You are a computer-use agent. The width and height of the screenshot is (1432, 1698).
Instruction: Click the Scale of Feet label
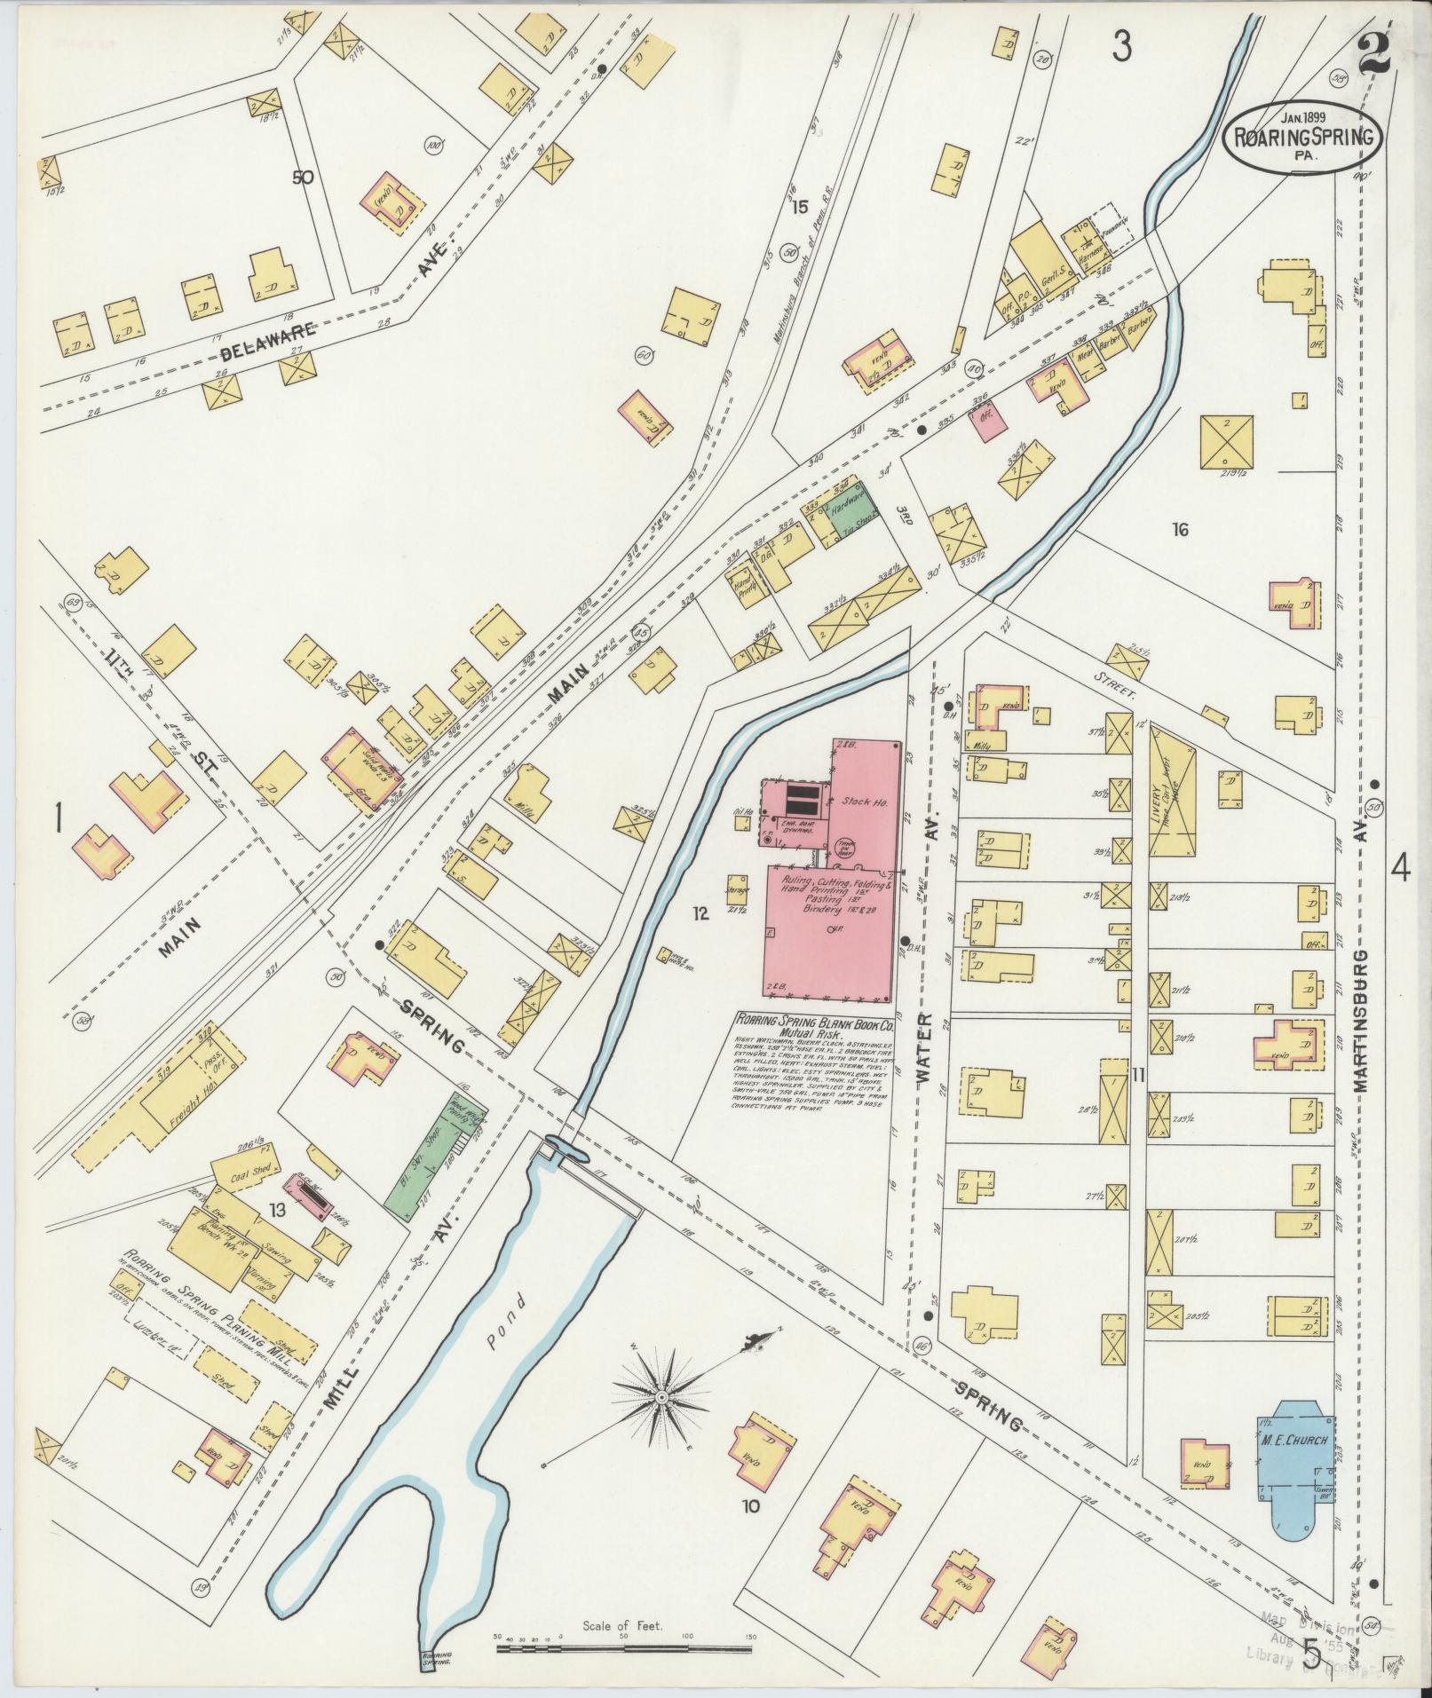[626, 1628]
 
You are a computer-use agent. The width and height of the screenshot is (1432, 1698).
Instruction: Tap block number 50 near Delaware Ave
[303, 177]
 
